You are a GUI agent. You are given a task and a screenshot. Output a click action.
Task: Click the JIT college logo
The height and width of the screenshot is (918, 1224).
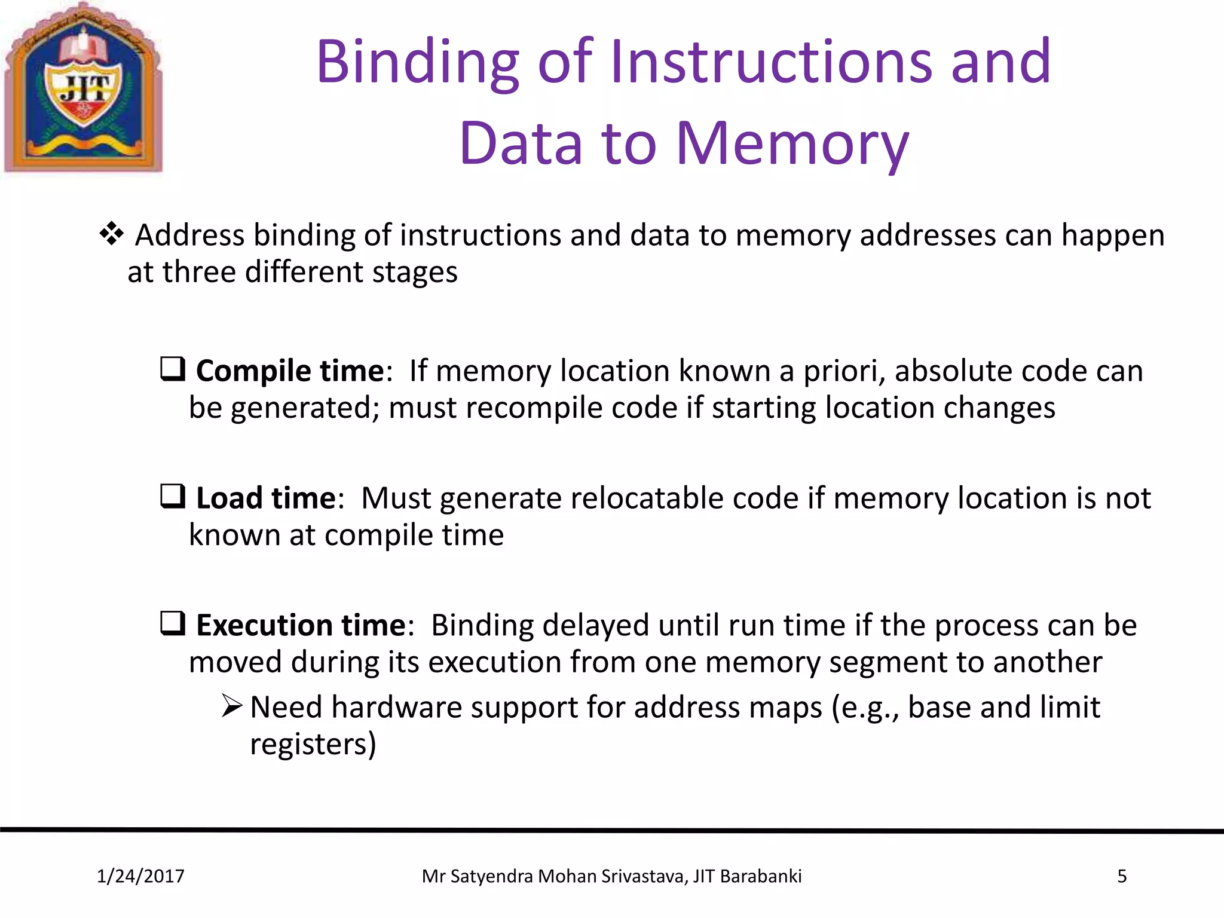click(84, 88)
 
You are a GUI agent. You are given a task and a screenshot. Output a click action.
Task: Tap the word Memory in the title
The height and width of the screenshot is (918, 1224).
click(792, 144)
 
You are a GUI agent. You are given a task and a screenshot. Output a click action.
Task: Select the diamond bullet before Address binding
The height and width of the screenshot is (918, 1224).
click(112, 234)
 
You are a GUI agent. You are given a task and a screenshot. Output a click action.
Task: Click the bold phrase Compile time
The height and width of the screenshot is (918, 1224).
click(290, 371)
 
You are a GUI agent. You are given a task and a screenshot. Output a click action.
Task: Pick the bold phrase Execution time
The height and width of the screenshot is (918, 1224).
click(301, 625)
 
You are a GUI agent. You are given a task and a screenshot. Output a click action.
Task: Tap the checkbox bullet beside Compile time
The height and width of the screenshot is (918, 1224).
click(173, 369)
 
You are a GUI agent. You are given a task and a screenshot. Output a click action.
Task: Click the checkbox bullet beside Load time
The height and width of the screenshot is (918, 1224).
click(173, 497)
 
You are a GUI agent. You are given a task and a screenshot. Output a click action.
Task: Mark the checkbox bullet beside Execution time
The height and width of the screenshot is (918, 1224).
click(173, 624)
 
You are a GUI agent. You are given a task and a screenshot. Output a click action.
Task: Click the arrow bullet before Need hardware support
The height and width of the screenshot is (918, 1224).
click(231, 706)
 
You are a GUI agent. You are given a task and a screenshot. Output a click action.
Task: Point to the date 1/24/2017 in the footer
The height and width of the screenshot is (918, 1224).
click(140, 876)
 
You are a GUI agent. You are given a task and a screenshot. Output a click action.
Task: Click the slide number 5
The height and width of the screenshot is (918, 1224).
click(1122, 876)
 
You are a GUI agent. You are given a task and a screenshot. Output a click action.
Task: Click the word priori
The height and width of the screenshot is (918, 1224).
click(843, 372)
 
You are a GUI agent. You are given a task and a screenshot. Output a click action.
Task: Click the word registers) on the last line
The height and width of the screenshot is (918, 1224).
click(313, 745)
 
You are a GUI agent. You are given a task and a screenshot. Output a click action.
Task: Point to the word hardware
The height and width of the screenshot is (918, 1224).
click(397, 708)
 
